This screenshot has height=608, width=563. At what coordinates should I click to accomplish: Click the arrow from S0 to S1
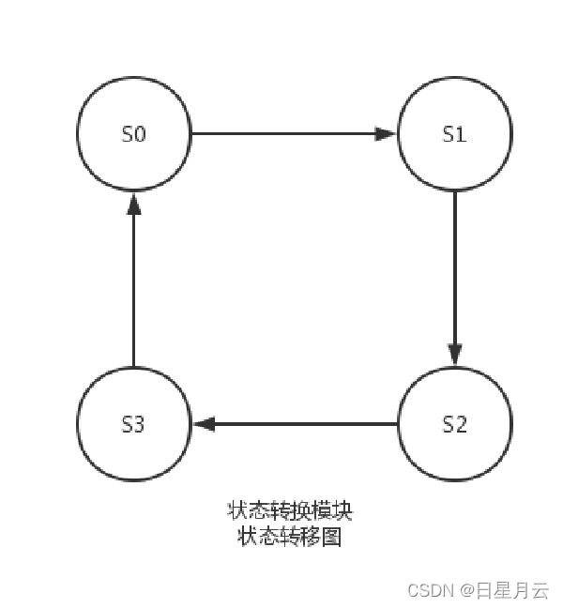click(281, 133)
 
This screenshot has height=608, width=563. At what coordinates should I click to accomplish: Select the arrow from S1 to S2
click(455, 272)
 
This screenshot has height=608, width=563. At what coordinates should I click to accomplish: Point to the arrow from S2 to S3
click(300, 424)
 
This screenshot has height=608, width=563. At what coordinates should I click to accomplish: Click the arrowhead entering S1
click(387, 133)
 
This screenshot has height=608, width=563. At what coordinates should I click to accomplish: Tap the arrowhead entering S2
click(455, 355)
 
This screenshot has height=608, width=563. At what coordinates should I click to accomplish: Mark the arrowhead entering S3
click(204, 424)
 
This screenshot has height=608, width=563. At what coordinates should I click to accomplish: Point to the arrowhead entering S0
click(134, 204)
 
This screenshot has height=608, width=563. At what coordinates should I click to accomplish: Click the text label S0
click(134, 134)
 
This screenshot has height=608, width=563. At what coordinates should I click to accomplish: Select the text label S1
click(455, 134)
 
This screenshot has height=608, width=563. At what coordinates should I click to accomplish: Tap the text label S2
click(455, 424)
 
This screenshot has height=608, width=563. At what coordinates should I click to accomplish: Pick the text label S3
click(134, 424)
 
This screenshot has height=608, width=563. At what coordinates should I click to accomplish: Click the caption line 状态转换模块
click(290, 511)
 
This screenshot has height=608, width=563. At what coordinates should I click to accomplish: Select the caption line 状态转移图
click(290, 537)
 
